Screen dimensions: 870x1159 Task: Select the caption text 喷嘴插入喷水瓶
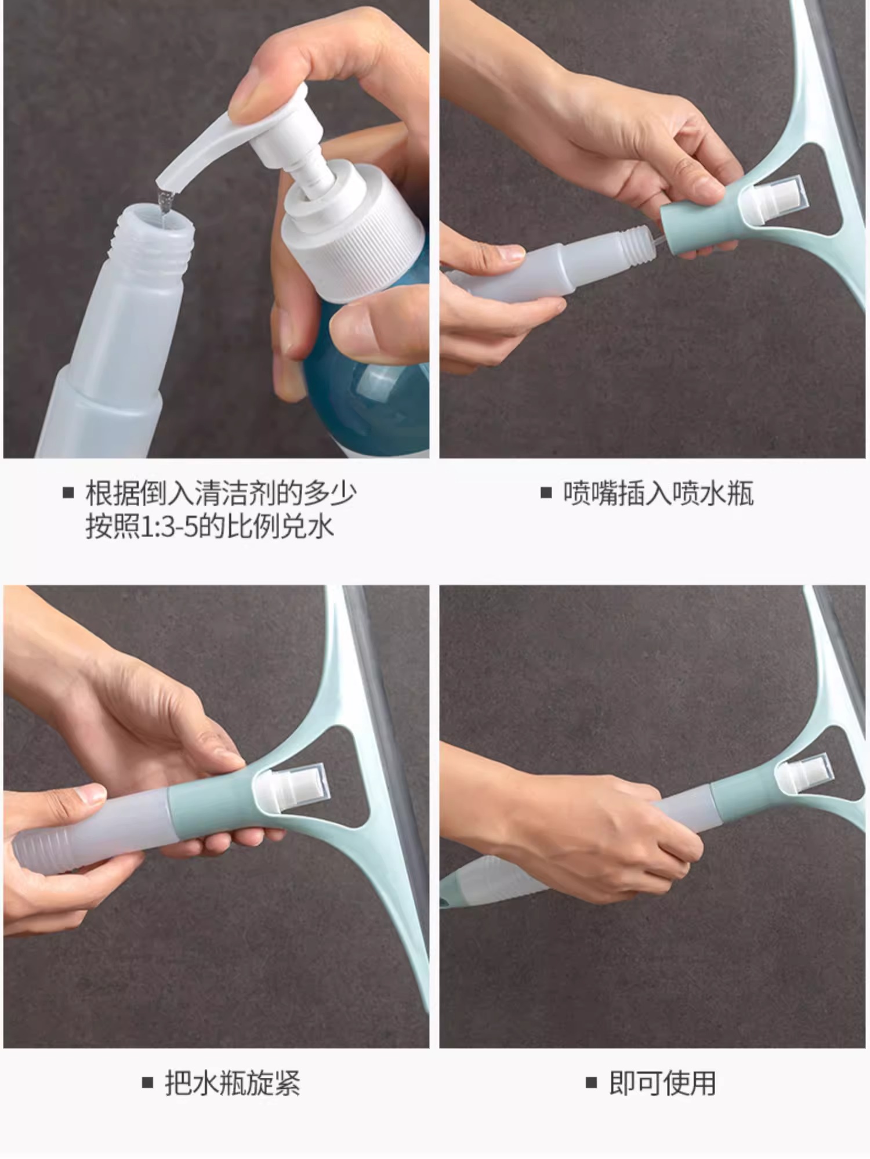tap(658, 494)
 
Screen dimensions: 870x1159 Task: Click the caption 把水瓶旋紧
tap(232, 1082)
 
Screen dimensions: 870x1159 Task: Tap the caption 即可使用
tap(662, 1082)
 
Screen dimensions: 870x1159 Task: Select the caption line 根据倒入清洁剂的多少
tap(221, 494)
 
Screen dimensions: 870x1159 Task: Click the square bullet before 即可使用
tap(591, 1082)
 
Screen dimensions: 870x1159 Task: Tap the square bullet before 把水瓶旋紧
tap(148, 1082)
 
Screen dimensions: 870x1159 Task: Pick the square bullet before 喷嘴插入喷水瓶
tap(546, 494)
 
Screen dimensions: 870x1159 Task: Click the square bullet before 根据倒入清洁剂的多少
tap(68, 494)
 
